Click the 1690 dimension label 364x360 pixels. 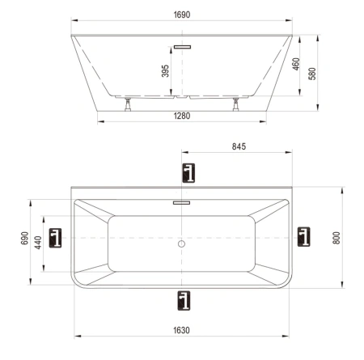coord(181,15)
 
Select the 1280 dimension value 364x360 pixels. coord(181,116)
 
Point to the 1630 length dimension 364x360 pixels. coord(181,329)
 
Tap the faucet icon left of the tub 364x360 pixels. coord(56,237)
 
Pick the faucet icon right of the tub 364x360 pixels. coord(303,236)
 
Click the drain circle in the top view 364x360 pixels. coord(182,243)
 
